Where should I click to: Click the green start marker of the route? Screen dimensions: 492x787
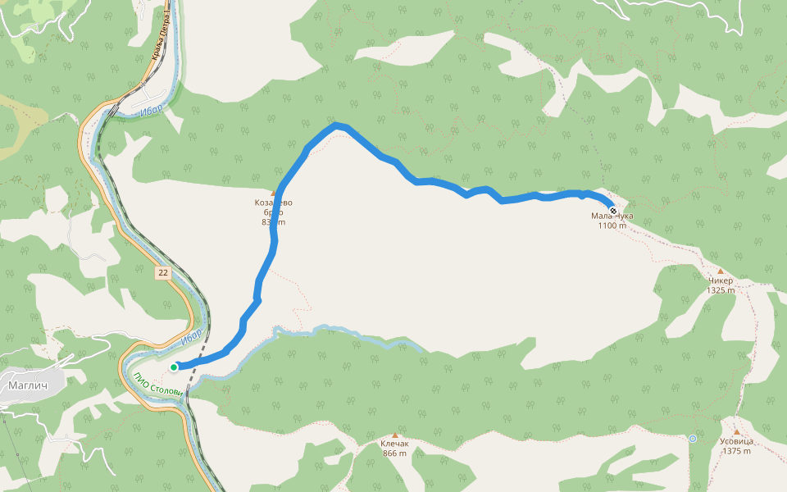(x=174, y=367)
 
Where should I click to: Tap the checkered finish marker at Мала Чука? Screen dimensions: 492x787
(x=613, y=210)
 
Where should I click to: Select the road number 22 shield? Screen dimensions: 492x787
(x=164, y=273)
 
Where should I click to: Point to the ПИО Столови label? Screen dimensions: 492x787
(x=157, y=384)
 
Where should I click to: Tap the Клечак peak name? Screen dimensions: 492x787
(x=394, y=444)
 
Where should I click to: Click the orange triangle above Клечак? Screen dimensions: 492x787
(x=394, y=435)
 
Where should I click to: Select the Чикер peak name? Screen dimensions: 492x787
(x=720, y=280)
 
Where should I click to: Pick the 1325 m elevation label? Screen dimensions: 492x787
(x=720, y=290)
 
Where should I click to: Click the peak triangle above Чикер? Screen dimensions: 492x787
(x=720, y=271)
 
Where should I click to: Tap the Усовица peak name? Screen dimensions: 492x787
(x=736, y=441)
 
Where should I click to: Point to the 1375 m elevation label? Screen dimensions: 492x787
(x=736, y=451)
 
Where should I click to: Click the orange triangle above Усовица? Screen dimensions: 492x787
(x=736, y=432)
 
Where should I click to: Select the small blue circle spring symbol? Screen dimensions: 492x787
(x=693, y=439)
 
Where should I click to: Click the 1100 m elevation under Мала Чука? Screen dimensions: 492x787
(x=612, y=226)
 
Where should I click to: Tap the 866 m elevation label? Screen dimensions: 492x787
(x=394, y=453)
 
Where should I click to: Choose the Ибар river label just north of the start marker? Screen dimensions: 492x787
(x=191, y=335)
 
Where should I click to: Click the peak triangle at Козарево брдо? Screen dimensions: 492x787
(x=273, y=194)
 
